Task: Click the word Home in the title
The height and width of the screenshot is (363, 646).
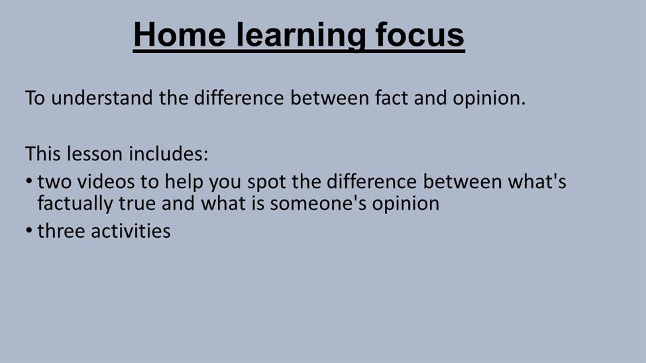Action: [x=180, y=34]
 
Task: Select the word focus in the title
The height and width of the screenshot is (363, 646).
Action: [x=420, y=34]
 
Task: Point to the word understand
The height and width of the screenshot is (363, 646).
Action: [x=102, y=98]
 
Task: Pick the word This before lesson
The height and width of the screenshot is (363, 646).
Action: [x=43, y=154]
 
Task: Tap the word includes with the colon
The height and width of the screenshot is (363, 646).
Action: [x=168, y=154]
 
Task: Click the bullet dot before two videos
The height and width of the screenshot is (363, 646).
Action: [x=29, y=181]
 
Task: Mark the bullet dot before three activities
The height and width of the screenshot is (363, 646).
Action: [x=29, y=231]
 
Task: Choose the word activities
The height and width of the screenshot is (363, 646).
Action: [x=131, y=231]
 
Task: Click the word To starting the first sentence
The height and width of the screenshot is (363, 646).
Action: [x=35, y=98]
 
